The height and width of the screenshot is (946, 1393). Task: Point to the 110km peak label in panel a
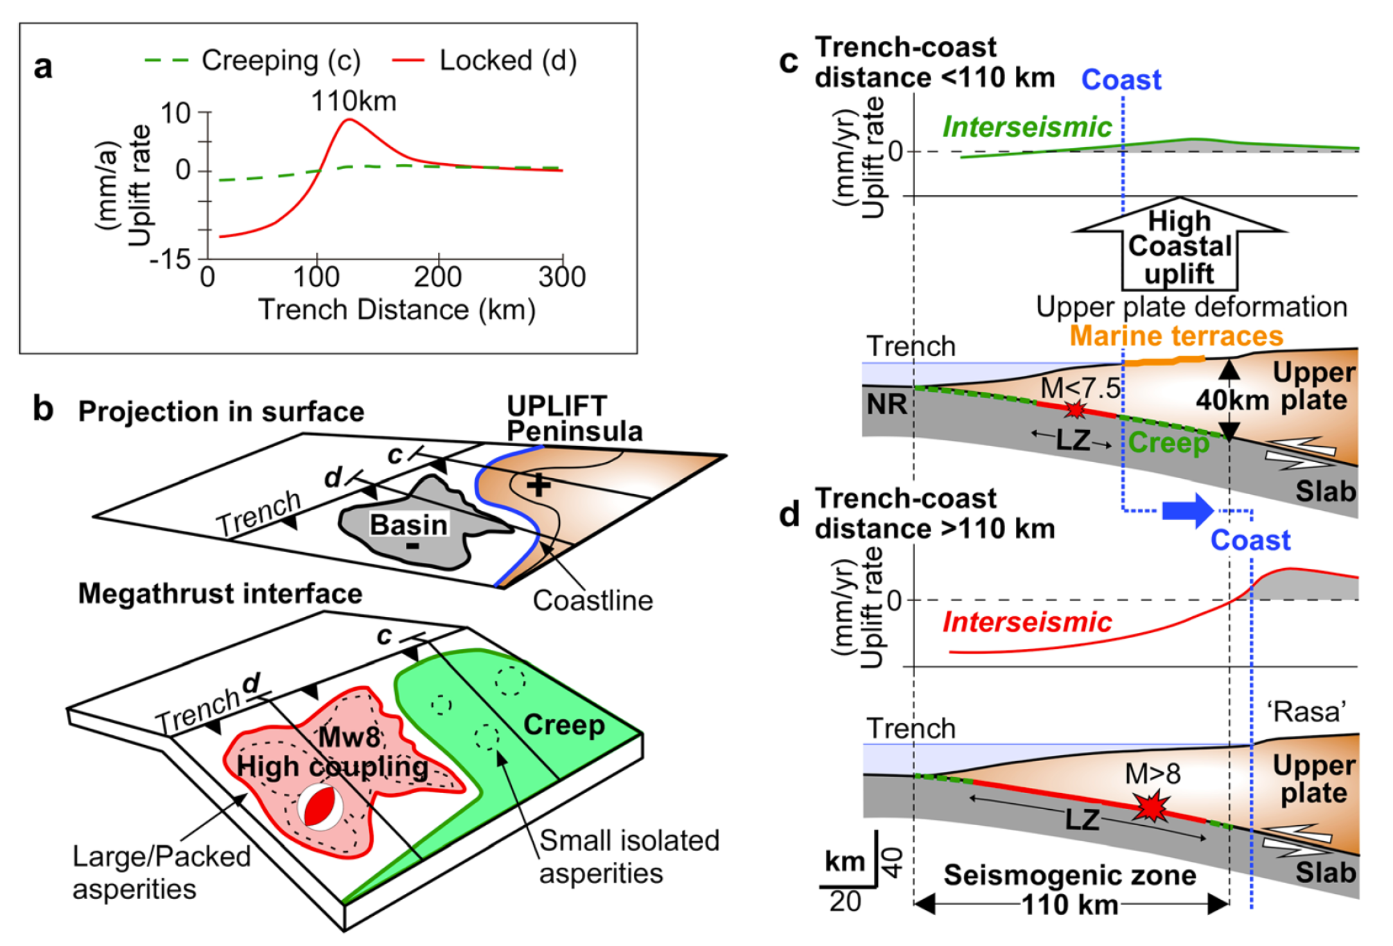[354, 102]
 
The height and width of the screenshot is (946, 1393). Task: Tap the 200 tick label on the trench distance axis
[437, 277]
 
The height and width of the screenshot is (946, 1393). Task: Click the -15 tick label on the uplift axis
[170, 260]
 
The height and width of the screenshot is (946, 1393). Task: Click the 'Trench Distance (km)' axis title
[396, 310]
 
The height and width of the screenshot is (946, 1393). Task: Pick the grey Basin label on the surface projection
[408, 525]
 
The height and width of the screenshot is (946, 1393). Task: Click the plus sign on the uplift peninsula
[538, 485]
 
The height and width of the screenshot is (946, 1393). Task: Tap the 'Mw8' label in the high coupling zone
[351, 736]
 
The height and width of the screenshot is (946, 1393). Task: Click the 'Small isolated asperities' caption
[629, 857]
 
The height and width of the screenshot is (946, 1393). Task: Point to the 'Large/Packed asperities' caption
[161, 873]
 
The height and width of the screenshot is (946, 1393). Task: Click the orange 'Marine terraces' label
[1176, 336]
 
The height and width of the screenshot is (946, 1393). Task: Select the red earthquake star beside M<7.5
[1075, 409]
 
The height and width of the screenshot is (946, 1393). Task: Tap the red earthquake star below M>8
[1151, 807]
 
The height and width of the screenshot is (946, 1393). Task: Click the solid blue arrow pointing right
[1187, 511]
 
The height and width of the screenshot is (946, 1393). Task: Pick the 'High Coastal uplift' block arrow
[1180, 247]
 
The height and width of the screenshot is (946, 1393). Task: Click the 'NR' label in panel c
[887, 405]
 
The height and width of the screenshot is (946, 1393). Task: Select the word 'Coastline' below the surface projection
[592, 601]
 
